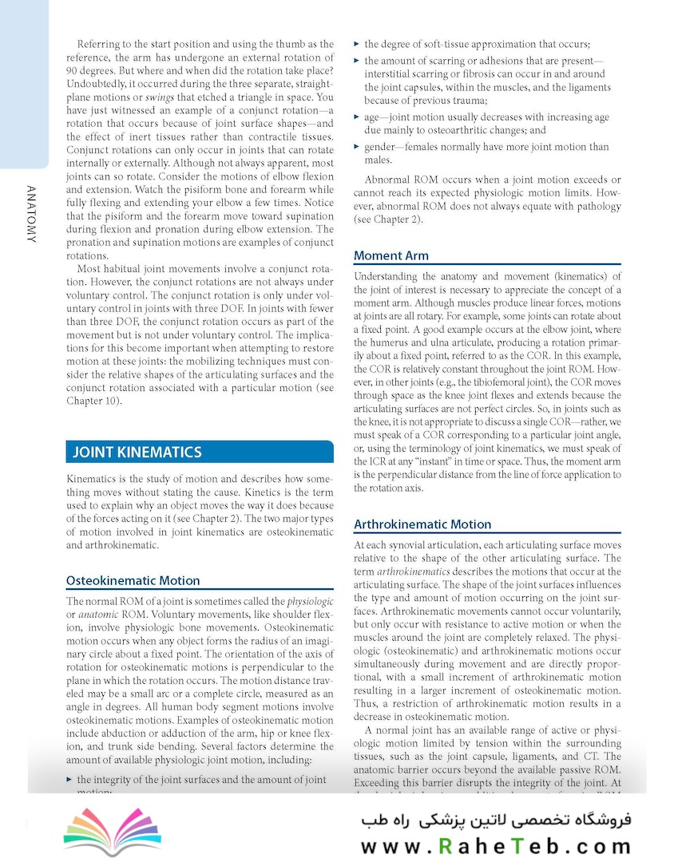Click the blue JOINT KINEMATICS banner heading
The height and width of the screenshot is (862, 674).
pyautogui.click(x=137, y=452)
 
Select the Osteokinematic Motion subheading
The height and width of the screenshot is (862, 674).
pyautogui.click(x=133, y=580)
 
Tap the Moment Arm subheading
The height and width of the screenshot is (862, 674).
pyautogui.click(x=391, y=255)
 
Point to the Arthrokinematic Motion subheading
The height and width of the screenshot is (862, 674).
pyautogui.click(x=422, y=524)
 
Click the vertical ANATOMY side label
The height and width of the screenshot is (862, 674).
pyautogui.click(x=30, y=214)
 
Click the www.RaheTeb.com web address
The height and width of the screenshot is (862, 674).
pyautogui.click(x=495, y=844)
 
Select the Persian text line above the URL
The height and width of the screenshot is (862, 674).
pyautogui.click(x=495, y=820)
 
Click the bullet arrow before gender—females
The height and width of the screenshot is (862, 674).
pyautogui.click(x=357, y=147)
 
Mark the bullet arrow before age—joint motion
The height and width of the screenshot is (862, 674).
pyautogui.click(x=357, y=117)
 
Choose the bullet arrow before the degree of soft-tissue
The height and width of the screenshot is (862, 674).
pyautogui.click(x=357, y=44)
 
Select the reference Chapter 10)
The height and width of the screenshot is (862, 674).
pyautogui.click(x=94, y=401)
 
